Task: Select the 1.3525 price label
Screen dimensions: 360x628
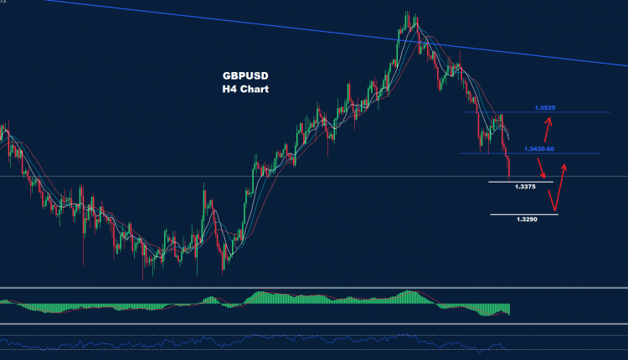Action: pyautogui.click(x=545, y=108)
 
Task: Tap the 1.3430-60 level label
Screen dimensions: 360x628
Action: pyautogui.click(x=538, y=148)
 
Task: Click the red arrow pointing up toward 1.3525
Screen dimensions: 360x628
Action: pyautogui.click(x=548, y=130)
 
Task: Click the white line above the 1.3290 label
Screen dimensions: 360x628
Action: pyautogui.click(x=523, y=215)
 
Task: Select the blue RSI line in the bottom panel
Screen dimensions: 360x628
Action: pyautogui.click(x=251, y=342)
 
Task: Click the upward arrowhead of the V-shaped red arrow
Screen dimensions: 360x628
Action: pyautogui.click(x=568, y=166)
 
